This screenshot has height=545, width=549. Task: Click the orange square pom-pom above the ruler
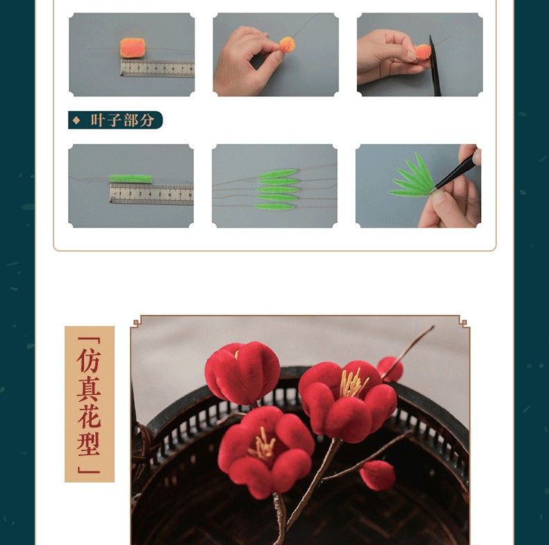pos(132,48)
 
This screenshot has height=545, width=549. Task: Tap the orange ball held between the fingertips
pos(287,44)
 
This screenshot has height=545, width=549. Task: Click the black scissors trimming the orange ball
pos(434,65)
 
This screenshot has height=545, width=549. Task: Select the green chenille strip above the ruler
pos(131,179)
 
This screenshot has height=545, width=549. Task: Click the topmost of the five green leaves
pos(278,173)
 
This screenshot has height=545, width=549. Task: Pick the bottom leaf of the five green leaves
pos(276,206)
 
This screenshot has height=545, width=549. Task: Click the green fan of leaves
pos(413,176)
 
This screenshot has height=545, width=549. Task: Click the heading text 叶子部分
pos(122,120)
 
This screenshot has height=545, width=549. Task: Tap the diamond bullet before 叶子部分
pos(76,120)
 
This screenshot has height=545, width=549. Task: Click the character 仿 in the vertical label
pos(89,360)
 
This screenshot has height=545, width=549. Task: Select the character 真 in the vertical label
pos(89,389)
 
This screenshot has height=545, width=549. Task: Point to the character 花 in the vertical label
pos(89,416)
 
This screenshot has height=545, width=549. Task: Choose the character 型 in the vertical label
pos(89,444)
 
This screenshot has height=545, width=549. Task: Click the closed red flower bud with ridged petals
pos(243,373)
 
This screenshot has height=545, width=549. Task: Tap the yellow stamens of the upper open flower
pos(353,384)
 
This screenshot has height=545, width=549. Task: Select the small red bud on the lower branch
pos(377,475)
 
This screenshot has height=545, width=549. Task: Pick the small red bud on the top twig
pos(391,369)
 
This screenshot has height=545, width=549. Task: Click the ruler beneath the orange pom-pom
pos(157,68)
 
